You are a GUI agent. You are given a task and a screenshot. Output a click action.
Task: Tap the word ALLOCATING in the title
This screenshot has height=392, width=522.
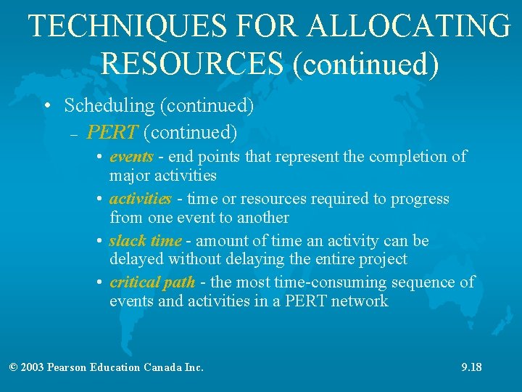(408, 27)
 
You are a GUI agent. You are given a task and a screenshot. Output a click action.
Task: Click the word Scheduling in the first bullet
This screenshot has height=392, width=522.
(109, 106)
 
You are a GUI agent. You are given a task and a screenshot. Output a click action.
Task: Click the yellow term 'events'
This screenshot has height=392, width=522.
(131, 157)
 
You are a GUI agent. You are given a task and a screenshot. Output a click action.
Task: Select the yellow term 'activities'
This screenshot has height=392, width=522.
(141, 199)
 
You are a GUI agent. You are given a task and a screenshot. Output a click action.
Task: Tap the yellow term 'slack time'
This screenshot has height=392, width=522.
(146, 241)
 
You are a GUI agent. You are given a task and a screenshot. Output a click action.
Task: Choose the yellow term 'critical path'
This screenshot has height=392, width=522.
(152, 282)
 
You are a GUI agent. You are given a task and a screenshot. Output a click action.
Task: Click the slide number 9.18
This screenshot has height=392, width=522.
(471, 367)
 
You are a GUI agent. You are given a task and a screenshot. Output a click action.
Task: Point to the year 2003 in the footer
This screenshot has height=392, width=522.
(32, 367)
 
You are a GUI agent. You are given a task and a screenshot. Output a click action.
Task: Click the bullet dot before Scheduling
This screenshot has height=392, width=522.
(47, 107)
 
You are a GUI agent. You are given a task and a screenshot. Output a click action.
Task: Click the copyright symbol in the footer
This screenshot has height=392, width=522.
(13, 367)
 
